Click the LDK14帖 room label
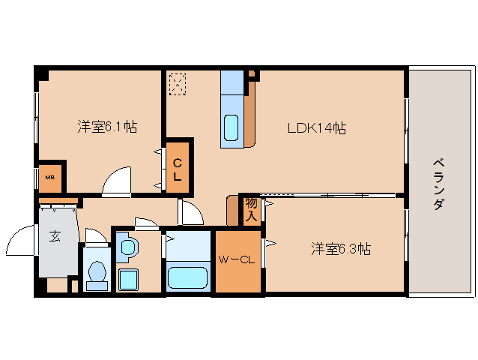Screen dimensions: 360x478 (x=317, y=128)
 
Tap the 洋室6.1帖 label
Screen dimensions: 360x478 (x=106, y=126)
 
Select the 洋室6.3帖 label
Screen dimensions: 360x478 (x=341, y=248)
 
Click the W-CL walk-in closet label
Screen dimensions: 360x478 (x=238, y=260)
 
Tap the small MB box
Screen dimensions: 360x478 (x=49, y=178)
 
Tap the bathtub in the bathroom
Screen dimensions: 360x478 (x=188, y=277)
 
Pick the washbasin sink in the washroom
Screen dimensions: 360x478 (x=127, y=247)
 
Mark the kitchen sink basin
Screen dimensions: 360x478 (x=232, y=128)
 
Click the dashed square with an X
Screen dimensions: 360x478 (x=177, y=83)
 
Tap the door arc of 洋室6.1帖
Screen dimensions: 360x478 (x=117, y=181)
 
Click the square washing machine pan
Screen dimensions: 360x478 (x=129, y=280)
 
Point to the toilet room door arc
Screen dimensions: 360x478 (x=96, y=235)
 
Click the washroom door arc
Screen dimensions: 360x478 (x=145, y=222)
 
